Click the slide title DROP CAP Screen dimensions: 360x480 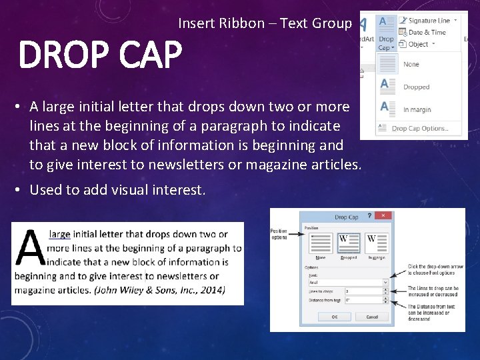[x=100, y=55]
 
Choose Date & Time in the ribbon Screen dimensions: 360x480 [x=427, y=32]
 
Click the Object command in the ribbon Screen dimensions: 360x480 [x=418, y=44]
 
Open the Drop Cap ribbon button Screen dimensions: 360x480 [x=386, y=33]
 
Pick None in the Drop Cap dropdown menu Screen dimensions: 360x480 [x=411, y=65]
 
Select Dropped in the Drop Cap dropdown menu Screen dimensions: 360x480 [x=416, y=87]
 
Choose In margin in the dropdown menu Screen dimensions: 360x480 [x=417, y=109]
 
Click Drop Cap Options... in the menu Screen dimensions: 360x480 [x=419, y=129]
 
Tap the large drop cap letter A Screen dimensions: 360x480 [x=31, y=249]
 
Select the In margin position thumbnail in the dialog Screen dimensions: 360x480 [x=372, y=243]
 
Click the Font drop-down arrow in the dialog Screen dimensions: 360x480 [x=385, y=282]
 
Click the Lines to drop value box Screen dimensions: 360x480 [x=363, y=291]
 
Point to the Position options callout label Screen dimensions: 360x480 [x=279, y=234]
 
